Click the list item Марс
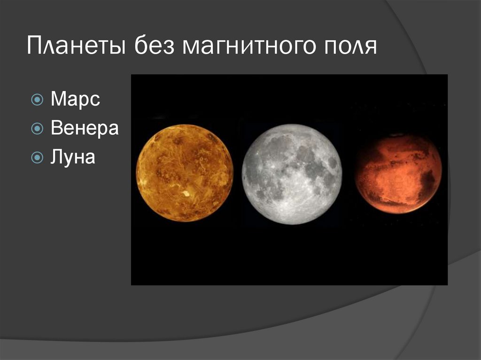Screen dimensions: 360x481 click(75, 100)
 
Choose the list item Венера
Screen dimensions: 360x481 click(85, 128)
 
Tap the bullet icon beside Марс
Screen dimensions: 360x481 click(37, 100)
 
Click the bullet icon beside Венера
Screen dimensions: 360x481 click(37, 129)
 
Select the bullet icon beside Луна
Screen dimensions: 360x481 click(37, 157)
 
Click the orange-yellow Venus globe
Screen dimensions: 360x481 click(185, 172)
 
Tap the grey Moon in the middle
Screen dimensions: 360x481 click(291, 174)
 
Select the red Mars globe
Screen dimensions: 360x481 click(398, 174)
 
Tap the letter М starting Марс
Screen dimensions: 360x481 click(58, 100)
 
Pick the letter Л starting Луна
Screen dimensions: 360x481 click(56, 157)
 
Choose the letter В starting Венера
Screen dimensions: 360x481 click(56, 128)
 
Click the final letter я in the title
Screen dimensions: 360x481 click(371, 48)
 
